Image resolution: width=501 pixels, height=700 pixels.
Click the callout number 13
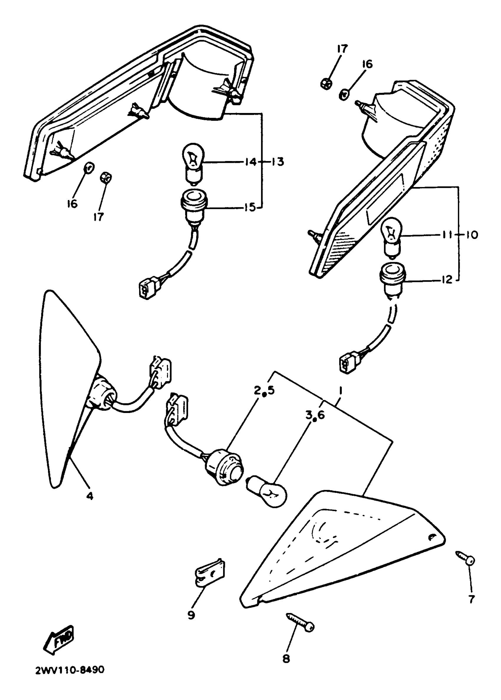278,162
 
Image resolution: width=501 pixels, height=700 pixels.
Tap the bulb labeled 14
193,163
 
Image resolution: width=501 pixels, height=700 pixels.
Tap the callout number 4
89,496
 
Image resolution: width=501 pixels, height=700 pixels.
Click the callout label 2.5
264,391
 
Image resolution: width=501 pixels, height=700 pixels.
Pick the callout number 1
341,391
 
